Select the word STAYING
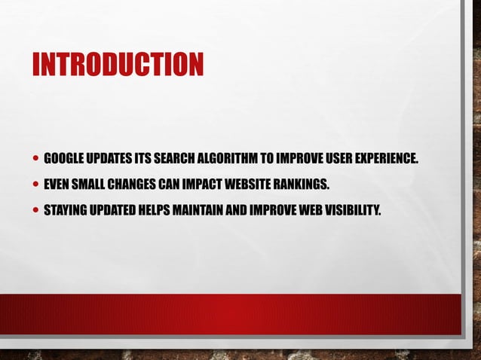click(x=66, y=208)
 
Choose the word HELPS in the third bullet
click(x=157, y=208)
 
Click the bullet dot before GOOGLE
click(x=36, y=159)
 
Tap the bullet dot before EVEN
click(x=36, y=184)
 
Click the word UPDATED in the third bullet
click(x=114, y=208)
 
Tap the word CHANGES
click(x=136, y=183)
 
